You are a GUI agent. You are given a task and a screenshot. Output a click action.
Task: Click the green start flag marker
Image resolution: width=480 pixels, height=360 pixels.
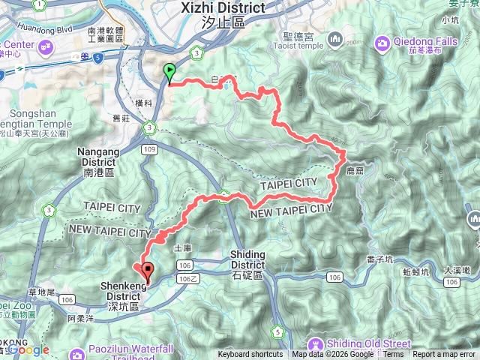coord(169,73)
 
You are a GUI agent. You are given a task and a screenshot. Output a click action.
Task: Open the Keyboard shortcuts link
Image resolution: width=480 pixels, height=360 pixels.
coord(250,355)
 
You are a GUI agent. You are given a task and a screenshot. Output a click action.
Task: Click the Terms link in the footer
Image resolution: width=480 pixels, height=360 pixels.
coord(393,355)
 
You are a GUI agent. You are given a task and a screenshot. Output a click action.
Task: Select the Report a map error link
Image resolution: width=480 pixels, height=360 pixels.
coord(444,355)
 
